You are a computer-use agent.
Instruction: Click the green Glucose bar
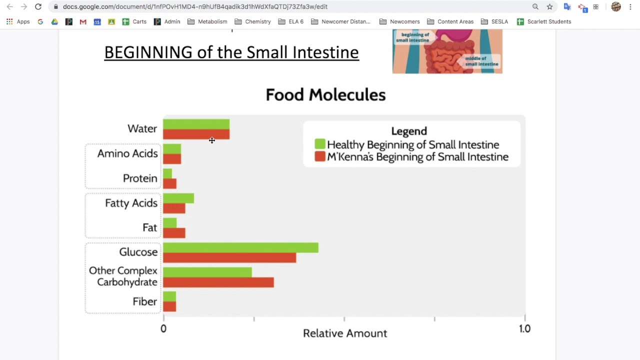tap(240, 247)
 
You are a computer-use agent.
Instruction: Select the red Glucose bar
tap(229, 257)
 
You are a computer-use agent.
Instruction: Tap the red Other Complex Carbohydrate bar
tap(218, 282)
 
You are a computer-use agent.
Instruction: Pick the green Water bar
tap(196, 124)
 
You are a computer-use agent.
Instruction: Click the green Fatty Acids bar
tap(178, 198)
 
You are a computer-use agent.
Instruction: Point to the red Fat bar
tap(174, 232)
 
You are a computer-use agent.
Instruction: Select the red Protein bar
tap(169, 183)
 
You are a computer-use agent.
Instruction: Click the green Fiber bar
tap(169, 296)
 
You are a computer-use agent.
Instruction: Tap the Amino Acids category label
tap(127, 153)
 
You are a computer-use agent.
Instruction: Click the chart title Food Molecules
tap(325, 94)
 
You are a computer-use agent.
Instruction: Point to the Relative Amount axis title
tap(345, 333)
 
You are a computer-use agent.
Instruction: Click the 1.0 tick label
tap(524, 328)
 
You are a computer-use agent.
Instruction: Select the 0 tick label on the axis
tap(163, 328)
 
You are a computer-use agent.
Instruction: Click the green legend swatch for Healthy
tap(320, 144)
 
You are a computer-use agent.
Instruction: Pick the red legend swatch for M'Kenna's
tap(320, 157)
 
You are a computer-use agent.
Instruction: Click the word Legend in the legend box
tap(409, 131)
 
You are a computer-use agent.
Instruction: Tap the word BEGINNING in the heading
tap(148, 52)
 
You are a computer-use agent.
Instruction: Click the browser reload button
tap(38, 6)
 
